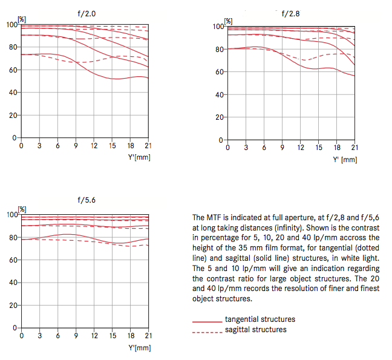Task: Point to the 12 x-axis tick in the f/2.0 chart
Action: (94, 146)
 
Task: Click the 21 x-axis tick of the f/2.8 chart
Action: (354, 148)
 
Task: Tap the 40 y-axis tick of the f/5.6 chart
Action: (13, 283)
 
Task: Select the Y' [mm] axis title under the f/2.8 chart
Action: (344, 160)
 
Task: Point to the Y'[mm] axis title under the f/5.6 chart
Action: (139, 348)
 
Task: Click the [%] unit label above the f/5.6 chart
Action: (22, 209)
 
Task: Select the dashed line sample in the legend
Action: (206, 330)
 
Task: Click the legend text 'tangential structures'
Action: (260, 319)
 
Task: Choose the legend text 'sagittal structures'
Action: (256, 329)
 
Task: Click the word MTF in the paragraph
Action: (212, 217)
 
